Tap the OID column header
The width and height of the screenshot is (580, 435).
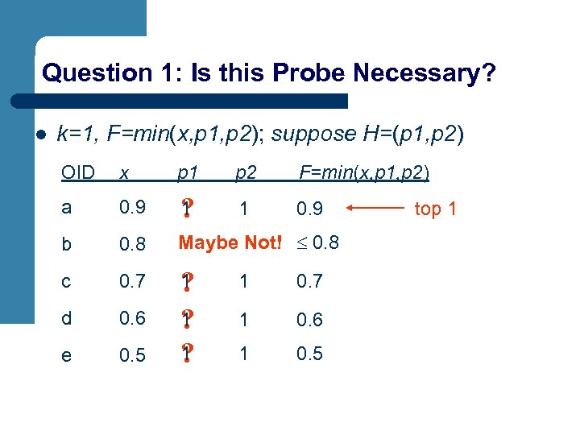(78, 172)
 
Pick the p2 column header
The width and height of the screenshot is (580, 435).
(246, 173)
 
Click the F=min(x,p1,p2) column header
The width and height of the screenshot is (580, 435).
(364, 172)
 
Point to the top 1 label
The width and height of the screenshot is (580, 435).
(435, 209)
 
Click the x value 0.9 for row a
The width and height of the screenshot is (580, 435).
(132, 209)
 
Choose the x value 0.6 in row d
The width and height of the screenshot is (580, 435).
(132, 318)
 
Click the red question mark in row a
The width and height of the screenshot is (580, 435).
(186, 208)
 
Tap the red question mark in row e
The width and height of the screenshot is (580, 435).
(186, 354)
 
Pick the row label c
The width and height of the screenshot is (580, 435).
(66, 282)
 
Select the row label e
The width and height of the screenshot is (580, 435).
(67, 356)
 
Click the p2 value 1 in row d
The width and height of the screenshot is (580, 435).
(243, 319)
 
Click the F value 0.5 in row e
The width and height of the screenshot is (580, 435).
(309, 354)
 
